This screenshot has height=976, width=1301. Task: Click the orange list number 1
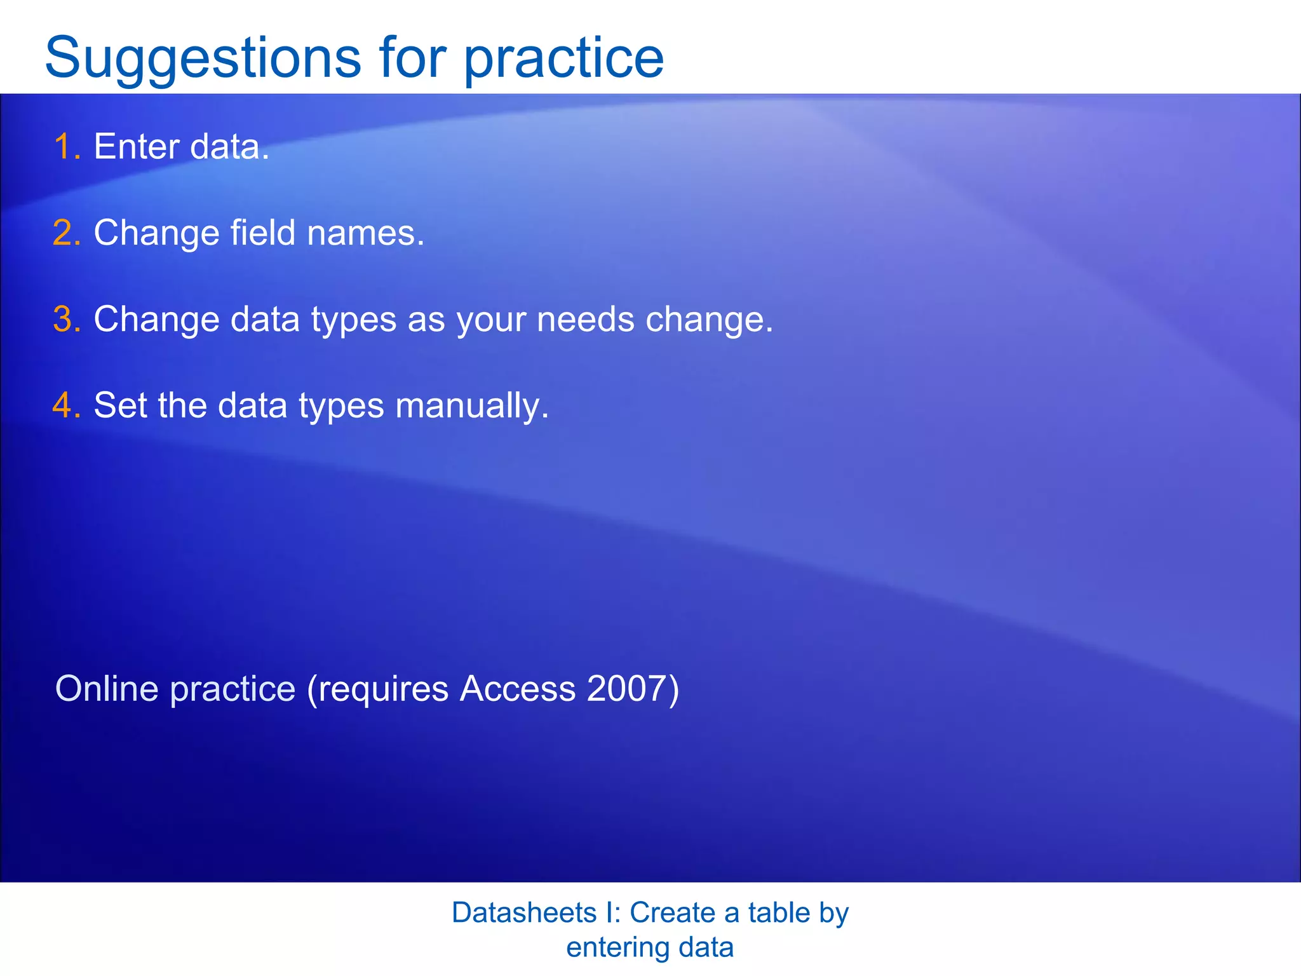(66, 147)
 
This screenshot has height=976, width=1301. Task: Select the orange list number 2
(66, 233)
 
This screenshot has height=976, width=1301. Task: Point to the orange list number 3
(66, 319)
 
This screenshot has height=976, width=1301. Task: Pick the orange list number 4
(66, 405)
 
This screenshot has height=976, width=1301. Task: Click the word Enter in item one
(137, 147)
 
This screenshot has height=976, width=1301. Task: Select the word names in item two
(365, 233)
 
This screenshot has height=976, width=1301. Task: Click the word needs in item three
(585, 319)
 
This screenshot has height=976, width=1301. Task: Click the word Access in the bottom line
(517, 689)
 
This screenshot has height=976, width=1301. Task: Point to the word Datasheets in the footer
(524, 912)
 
